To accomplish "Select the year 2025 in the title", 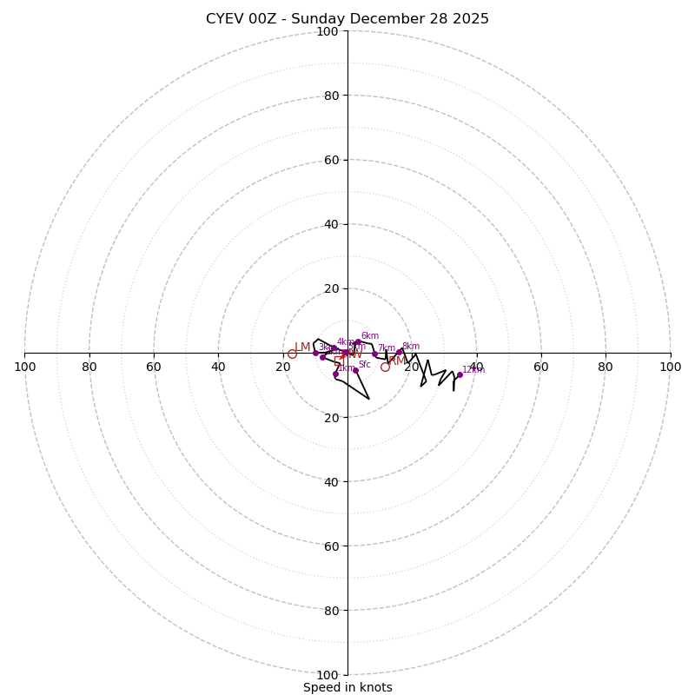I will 470,19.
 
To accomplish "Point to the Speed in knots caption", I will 347,687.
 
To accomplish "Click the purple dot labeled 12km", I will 460,375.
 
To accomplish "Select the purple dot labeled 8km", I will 400,352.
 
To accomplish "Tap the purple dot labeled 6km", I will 358,341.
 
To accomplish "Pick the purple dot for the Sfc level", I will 355,370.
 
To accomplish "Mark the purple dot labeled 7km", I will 375,354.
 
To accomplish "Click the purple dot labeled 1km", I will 335,374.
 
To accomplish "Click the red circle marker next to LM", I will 292,354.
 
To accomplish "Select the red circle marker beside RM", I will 385,367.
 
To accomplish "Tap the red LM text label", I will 302,347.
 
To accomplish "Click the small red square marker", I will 338,360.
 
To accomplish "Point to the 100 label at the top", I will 328,32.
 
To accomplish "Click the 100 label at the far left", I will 24,367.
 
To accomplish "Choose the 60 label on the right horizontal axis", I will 541,367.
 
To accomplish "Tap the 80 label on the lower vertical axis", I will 328,611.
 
